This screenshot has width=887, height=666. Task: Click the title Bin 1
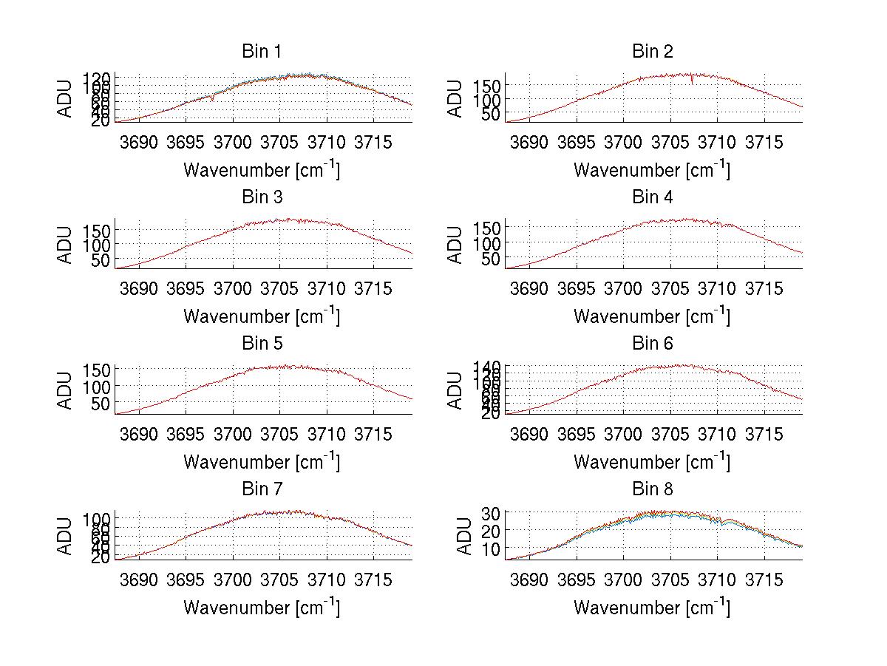tap(261, 52)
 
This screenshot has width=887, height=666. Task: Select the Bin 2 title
tap(652, 52)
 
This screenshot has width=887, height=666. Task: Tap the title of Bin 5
tap(261, 344)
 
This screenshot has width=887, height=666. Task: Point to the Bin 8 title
tap(652, 489)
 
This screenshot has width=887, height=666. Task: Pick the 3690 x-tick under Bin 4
tap(529, 288)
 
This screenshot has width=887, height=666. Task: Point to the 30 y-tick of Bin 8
tap(493, 512)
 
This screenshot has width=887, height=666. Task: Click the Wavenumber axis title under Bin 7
tap(261, 607)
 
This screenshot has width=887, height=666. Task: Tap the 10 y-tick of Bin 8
tap(493, 548)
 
